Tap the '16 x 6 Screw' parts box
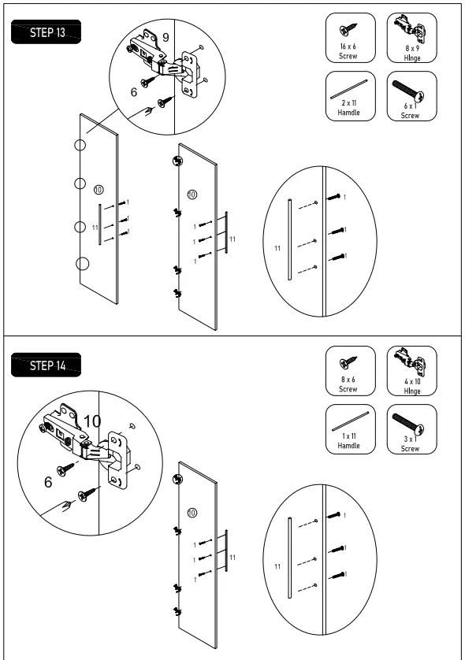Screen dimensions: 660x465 [x=348, y=37]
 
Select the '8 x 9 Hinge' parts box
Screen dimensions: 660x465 [x=410, y=37]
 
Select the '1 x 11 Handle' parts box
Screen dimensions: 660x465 [x=348, y=429]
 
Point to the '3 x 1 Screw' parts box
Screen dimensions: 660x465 [x=410, y=429]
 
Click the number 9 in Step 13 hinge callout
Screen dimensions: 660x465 [x=165, y=36]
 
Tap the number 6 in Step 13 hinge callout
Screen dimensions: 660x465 [x=135, y=92]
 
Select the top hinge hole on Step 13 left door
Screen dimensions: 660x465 [x=80, y=145]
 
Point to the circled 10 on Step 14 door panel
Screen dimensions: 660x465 [x=192, y=513]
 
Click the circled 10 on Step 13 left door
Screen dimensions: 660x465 [x=99, y=189]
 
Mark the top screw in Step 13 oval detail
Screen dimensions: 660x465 [x=334, y=197]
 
